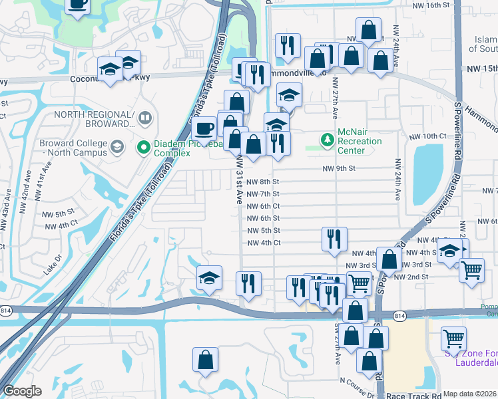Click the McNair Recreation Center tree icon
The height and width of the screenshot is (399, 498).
point(327,139)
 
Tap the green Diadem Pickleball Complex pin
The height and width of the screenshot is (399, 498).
point(142,146)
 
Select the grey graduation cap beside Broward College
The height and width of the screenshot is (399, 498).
point(117,146)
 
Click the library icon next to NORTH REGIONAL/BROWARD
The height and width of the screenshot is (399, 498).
point(145,119)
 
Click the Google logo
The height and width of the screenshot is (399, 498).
point(22,391)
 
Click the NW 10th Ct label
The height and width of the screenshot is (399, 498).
point(428,136)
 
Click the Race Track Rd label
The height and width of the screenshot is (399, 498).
point(408,394)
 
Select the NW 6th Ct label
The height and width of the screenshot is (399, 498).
point(263,206)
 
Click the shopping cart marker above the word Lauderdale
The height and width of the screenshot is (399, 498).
point(453,338)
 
